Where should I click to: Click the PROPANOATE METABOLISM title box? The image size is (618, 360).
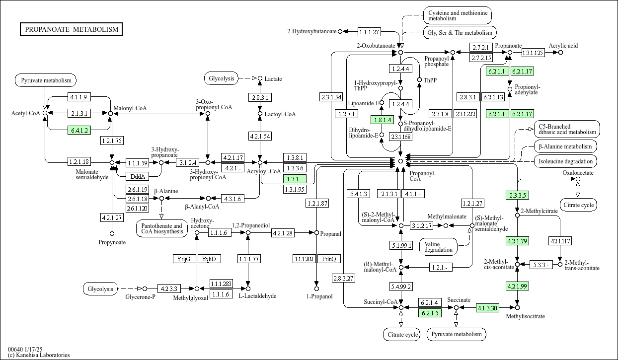(x=71, y=29)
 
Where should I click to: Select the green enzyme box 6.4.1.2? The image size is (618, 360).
(x=79, y=130)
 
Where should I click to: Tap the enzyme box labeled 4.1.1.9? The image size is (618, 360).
(x=79, y=97)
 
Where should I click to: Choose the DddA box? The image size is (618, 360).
(x=138, y=176)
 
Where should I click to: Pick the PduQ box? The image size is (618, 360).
(x=329, y=259)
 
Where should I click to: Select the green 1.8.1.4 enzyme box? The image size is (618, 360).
(x=382, y=120)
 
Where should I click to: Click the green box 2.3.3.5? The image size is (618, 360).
(x=517, y=195)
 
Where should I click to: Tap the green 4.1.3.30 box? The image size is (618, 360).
(x=487, y=308)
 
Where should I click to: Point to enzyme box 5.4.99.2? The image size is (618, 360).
(x=401, y=287)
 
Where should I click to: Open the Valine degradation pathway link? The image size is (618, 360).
(x=438, y=247)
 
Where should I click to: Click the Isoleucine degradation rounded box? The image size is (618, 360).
(x=565, y=161)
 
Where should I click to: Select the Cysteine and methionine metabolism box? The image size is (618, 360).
(x=458, y=15)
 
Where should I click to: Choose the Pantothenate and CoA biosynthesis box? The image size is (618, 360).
(x=162, y=228)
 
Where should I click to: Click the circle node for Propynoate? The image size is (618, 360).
(x=112, y=234)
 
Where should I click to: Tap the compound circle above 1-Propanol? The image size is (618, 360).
(x=317, y=288)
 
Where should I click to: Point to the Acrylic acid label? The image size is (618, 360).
(x=563, y=46)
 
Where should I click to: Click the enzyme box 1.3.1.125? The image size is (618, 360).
(x=534, y=53)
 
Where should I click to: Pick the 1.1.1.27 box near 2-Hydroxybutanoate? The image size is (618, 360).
(x=370, y=32)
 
